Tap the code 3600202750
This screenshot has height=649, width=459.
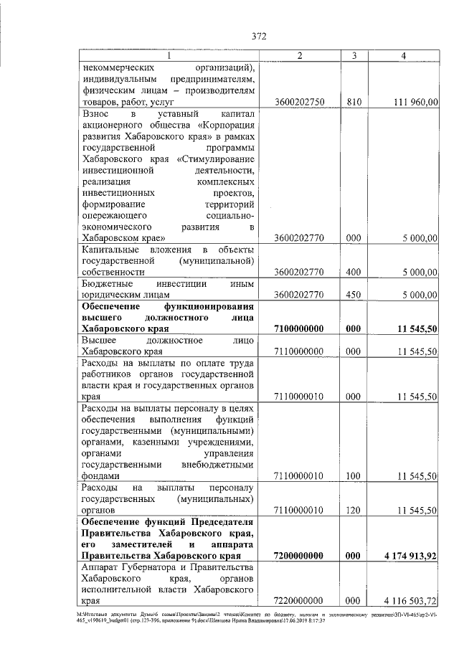point(300,103)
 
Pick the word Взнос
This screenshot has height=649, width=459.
point(95,114)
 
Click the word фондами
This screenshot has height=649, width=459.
point(100,476)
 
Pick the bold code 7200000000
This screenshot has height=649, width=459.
point(300,556)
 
